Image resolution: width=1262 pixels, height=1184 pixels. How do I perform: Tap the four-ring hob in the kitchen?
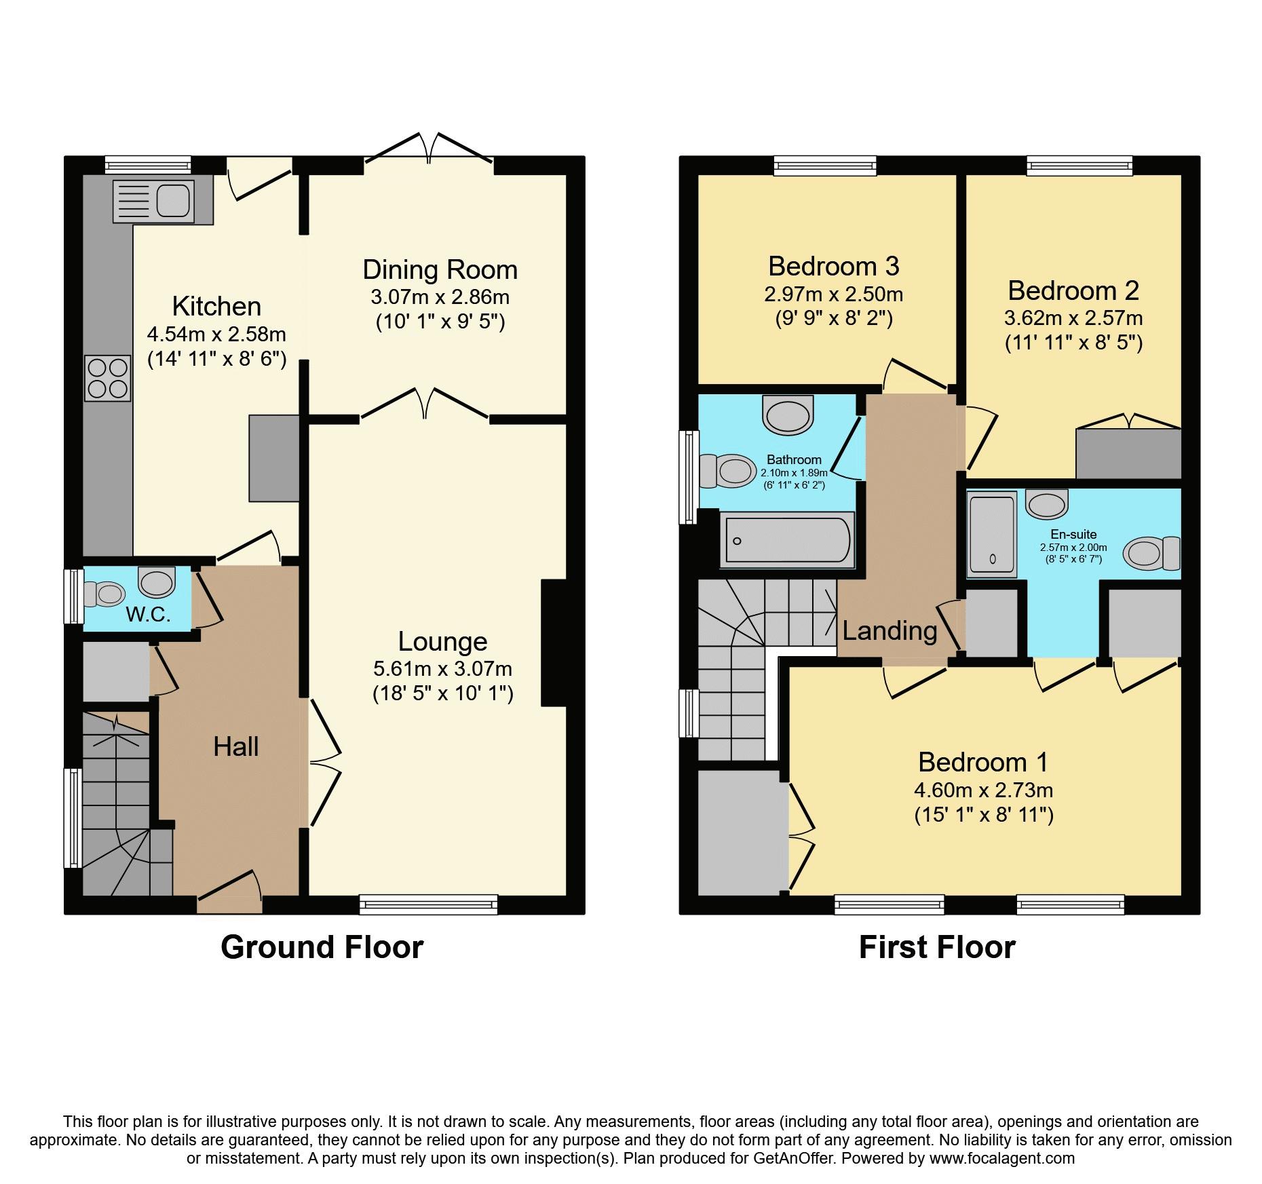(108, 378)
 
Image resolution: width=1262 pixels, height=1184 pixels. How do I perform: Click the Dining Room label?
(440, 270)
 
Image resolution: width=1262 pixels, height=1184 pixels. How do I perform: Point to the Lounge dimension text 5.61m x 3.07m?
(442, 669)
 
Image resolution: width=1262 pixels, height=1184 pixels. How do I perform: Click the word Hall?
(235, 747)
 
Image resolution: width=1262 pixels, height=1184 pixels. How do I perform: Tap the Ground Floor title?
(322, 947)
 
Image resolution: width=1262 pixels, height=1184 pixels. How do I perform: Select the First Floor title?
(936, 947)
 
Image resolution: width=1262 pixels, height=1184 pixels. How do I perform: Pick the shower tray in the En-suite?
(992, 533)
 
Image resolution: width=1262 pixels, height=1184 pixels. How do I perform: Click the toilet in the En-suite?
(1151, 552)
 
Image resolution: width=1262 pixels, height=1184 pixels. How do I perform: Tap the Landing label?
(890, 631)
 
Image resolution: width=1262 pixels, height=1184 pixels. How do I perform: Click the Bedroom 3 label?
(833, 266)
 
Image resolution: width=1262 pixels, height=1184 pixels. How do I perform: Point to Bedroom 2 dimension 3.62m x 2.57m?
(1073, 318)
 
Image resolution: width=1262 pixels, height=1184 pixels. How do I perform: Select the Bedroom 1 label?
(982, 762)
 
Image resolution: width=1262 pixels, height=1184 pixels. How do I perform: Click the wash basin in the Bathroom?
(788, 415)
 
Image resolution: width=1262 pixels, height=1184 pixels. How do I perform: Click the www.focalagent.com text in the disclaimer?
(1001, 1158)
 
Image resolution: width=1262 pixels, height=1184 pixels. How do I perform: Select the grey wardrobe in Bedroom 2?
(1128, 453)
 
